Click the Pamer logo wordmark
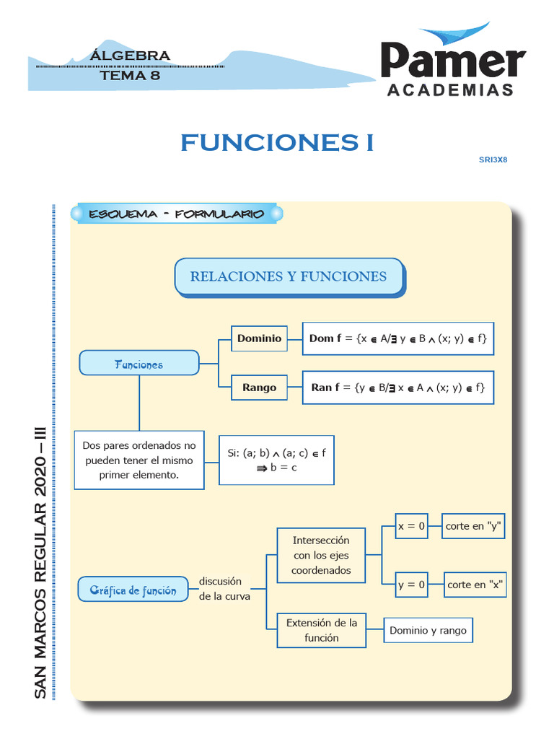[452, 60]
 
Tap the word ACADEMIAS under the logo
[451, 90]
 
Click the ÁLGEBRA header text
[131, 56]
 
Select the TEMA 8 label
[130, 74]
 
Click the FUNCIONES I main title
[277, 143]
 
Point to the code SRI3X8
[493, 159]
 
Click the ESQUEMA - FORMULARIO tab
[176, 214]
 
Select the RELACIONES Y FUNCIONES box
[289, 276]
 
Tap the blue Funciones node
[138, 364]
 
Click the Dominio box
[259, 338]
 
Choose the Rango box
[259, 388]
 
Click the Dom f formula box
[397, 338]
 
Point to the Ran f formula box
[397, 388]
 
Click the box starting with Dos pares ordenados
[139, 460]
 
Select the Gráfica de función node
[133, 590]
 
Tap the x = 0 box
[411, 526]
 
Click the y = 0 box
[411, 585]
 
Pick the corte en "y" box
[473, 526]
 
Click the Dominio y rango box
[428, 630]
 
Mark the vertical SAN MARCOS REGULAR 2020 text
[40, 563]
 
